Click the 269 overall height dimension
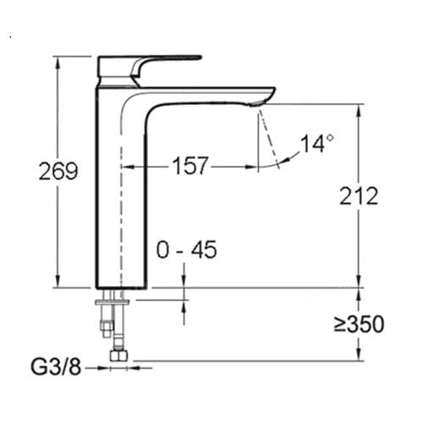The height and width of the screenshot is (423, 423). click(58, 171)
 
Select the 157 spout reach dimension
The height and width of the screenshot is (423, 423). click(190, 166)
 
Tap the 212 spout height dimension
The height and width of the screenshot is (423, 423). click(359, 195)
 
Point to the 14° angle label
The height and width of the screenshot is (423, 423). click(317, 144)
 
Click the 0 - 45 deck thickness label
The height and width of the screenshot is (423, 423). click(187, 250)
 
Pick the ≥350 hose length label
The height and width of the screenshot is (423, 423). click(360, 324)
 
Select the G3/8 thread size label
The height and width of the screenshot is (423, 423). click(56, 367)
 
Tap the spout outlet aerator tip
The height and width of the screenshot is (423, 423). click(257, 103)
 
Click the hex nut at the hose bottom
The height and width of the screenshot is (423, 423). click(119, 355)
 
